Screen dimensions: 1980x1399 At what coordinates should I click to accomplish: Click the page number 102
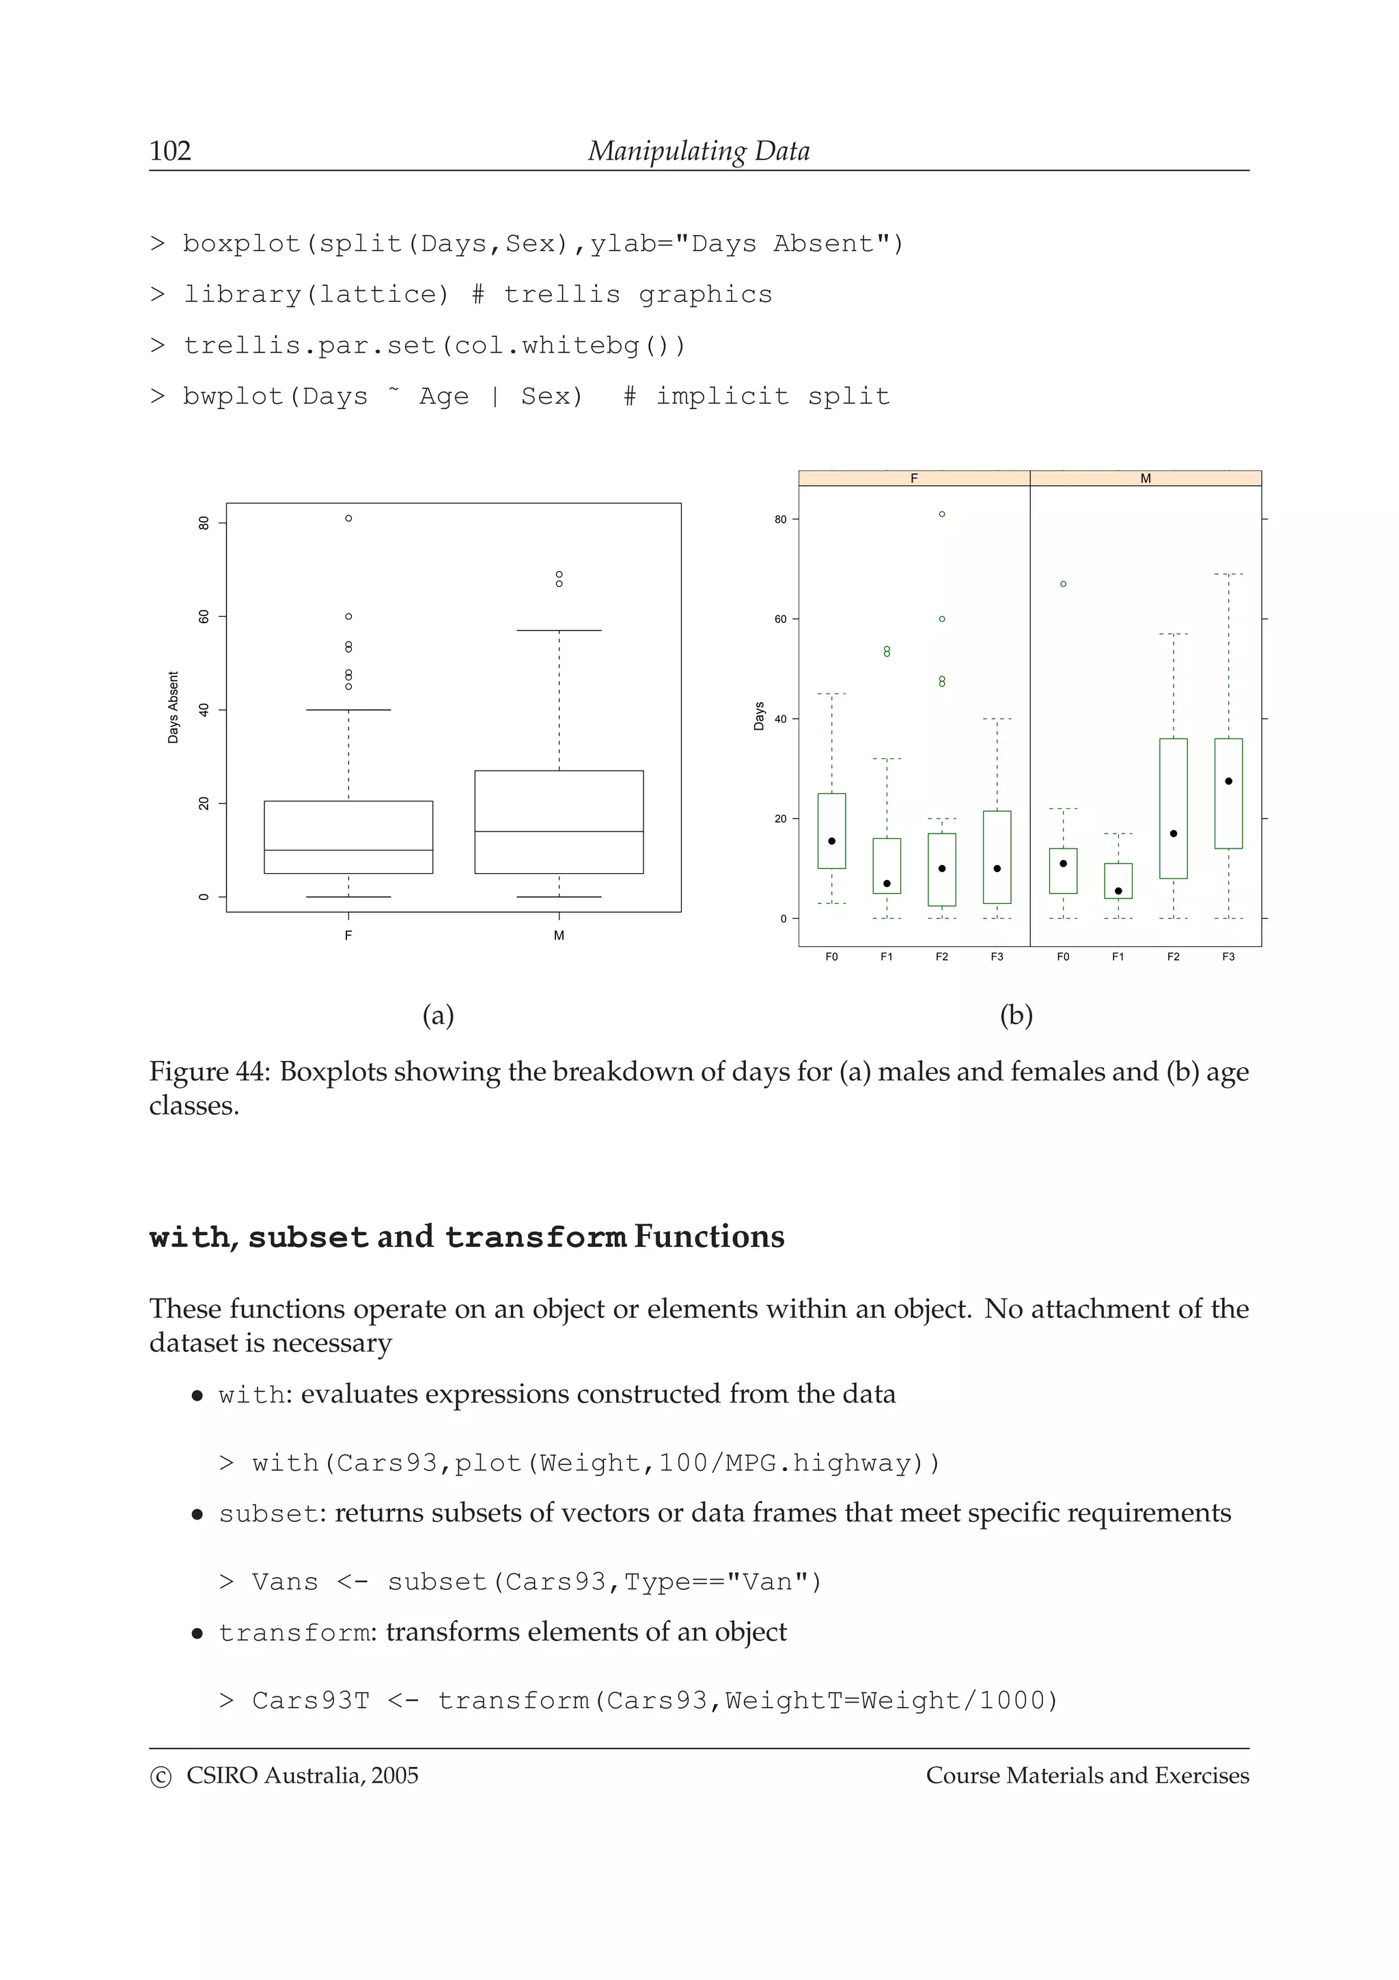(170, 151)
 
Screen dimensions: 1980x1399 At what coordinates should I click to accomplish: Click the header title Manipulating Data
(698, 151)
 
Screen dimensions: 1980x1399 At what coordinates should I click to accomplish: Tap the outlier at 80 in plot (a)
(348, 519)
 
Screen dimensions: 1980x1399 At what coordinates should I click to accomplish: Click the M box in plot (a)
(559, 821)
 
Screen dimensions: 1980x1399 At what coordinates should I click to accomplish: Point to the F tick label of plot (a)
(348, 935)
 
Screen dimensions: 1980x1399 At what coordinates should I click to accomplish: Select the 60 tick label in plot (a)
(204, 616)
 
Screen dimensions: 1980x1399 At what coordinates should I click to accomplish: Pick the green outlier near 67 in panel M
(1063, 584)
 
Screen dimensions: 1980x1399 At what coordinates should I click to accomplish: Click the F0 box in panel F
(831, 830)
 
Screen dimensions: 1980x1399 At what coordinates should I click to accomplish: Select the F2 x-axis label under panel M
(1173, 957)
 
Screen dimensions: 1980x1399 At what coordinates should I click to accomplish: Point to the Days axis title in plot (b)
(758, 716)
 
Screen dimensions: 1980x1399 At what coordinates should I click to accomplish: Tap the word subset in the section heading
(307, 1237)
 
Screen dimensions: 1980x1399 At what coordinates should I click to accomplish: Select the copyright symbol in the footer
(161, 1777)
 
